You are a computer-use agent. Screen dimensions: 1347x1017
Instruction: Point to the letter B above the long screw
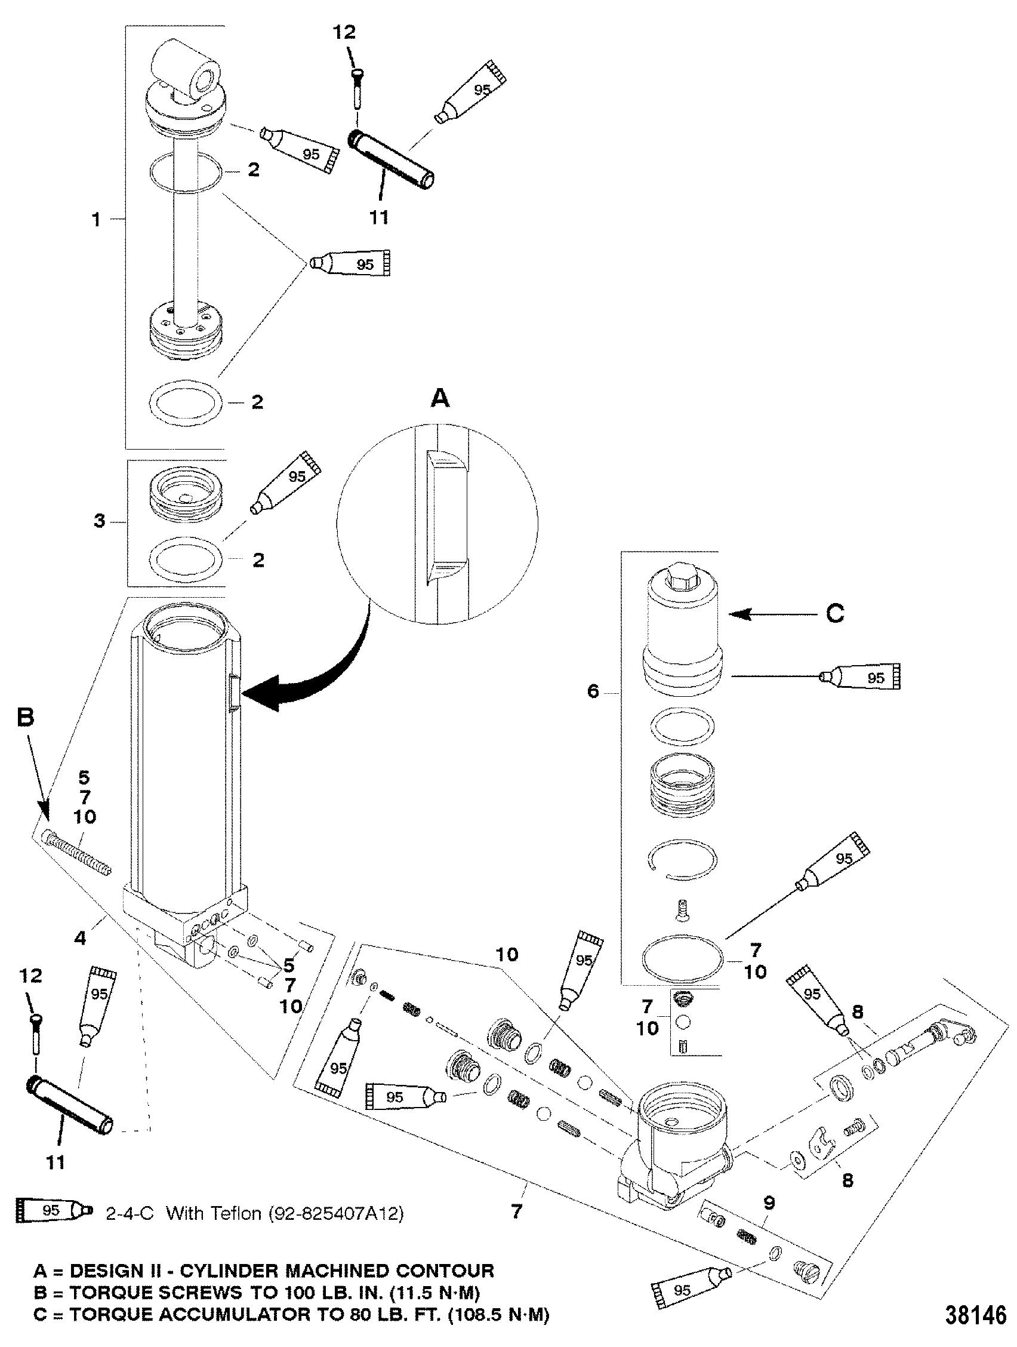click(25, 718)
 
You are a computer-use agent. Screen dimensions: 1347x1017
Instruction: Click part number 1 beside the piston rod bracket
click(96, 220)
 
